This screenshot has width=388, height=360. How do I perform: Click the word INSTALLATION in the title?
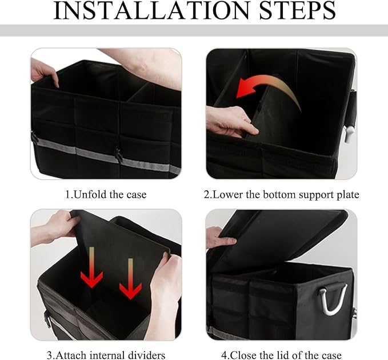[x=151, y=10]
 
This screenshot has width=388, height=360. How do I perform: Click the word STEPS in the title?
[x=297, y=10]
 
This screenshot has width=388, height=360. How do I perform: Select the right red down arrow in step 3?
[x=130, y=279]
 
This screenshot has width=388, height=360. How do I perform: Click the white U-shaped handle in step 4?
[x=333, y=300]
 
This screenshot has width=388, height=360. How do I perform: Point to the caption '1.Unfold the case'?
[x=106, y=194]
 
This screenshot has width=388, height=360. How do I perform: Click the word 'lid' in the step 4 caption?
[x=283, y=355]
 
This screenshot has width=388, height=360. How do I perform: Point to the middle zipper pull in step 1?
[x=119, y=155]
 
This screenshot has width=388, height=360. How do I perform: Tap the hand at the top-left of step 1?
[x=45, y=73]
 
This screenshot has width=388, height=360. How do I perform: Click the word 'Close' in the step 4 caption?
[x=243, y=355]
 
